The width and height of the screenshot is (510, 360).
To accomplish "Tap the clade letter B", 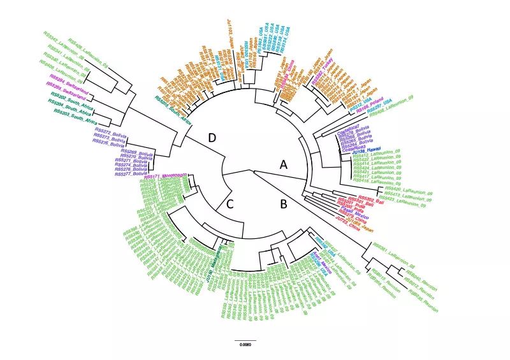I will pos(277,204).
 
